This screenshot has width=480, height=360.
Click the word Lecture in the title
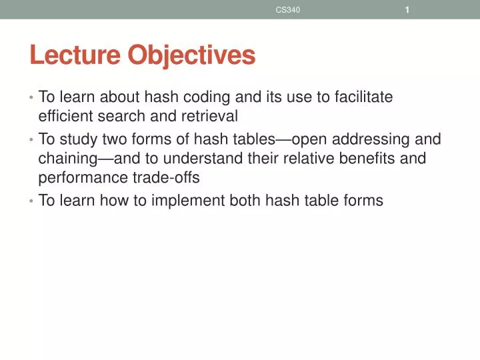click(75, 55)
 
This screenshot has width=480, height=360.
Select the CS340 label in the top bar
click(288, 9)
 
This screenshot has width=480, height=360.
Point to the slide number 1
click(406, 9)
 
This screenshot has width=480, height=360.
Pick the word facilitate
click(364, 97)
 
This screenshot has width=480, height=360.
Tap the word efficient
click(65, 117)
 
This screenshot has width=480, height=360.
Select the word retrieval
click(212, 117)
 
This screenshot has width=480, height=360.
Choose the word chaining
click(67, 159)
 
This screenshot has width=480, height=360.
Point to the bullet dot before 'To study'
click(31, 140)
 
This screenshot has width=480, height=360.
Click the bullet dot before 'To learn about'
click(31, 98)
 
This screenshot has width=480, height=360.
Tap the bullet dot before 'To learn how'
click(31, 201)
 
